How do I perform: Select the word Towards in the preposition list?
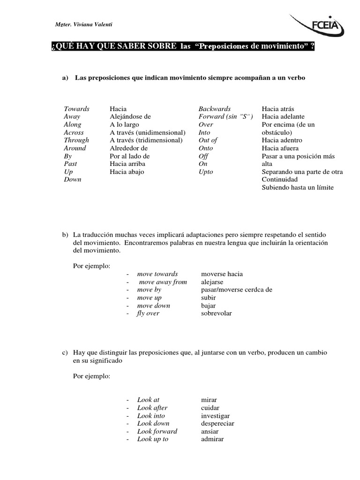point(76,109)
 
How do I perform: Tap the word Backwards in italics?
point(214,109)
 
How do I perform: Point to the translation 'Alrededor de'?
point(128,148)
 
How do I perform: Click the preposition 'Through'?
point(76,140)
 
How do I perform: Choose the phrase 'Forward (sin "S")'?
point(225,117)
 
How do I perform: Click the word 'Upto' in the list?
point(206,172)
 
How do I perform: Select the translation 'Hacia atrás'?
point(278,109)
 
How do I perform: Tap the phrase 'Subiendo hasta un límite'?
point(298,187)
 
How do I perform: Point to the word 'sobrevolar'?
point(216,314)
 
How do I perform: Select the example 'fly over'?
point(148,314)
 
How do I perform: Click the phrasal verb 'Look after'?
point(152,408)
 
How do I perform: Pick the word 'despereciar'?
point(217,424)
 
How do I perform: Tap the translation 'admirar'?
point(212,439)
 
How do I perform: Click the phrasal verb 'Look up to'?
point(152,439)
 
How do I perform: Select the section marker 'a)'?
point(65,78)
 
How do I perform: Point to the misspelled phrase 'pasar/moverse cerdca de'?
point(236,290)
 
